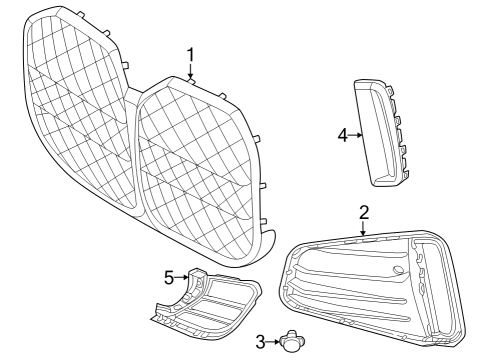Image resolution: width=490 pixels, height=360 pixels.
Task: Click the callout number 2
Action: [364, 212]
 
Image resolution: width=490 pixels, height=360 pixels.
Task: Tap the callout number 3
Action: [259, 342]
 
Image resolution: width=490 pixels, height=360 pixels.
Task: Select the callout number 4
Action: [342, 134]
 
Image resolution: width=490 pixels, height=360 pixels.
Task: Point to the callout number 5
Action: [170, 277]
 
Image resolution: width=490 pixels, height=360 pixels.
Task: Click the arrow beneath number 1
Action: [190, 72]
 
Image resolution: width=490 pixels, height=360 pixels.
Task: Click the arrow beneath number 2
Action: [364, 228]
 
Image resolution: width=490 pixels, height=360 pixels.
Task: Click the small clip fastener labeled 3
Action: [292, 342]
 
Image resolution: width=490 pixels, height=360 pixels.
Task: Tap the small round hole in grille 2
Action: [399, 271]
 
